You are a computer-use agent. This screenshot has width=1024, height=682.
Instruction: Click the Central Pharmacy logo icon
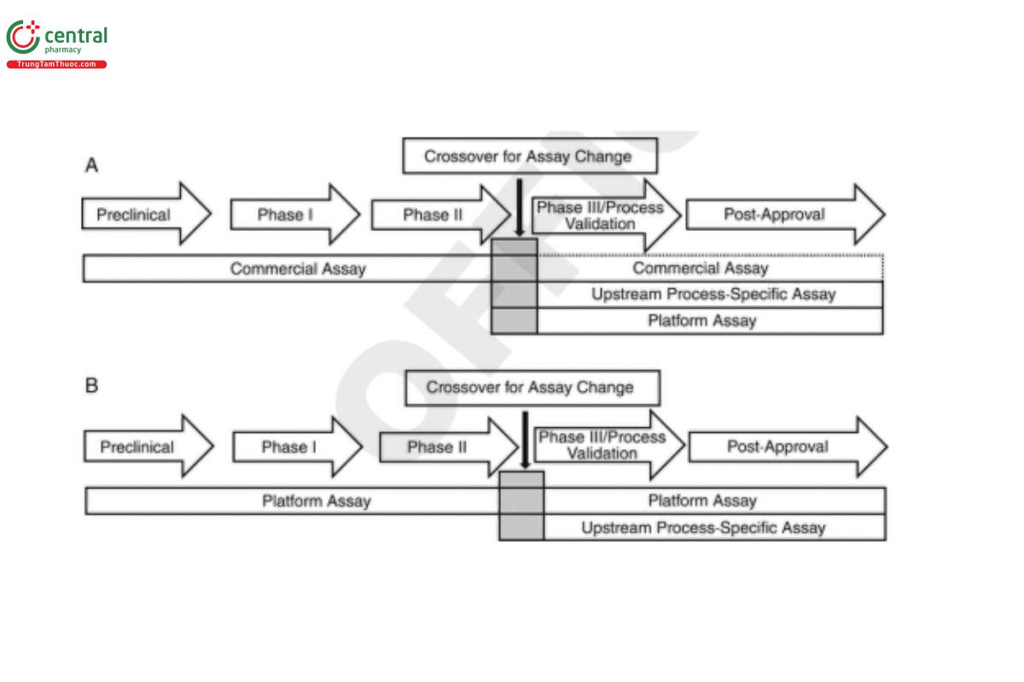tap(23, 38)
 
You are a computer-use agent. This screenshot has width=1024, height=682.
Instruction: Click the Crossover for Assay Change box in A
tap(529, 157)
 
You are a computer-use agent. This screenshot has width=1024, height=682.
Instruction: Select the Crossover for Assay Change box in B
tap(532, 388)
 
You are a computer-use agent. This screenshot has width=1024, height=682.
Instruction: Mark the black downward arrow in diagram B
tap(525, 439)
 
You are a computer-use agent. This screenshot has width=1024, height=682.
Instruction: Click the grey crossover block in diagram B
tap(521, 506)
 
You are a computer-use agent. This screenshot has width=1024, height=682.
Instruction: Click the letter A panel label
tap(91, 165)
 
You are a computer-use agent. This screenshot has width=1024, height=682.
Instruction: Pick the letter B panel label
tap(92, 385)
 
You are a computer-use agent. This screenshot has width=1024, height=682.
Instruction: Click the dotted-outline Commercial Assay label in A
tap(701, 269)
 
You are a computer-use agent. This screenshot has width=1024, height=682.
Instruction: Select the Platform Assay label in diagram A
tap(701, 321)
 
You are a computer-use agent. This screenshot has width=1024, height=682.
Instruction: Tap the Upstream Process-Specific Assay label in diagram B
tap(703, 528)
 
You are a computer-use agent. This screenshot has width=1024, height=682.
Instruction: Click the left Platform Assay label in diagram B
tap(316, 501)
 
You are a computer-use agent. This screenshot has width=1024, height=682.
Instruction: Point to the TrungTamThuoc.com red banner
tap(56, 65)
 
